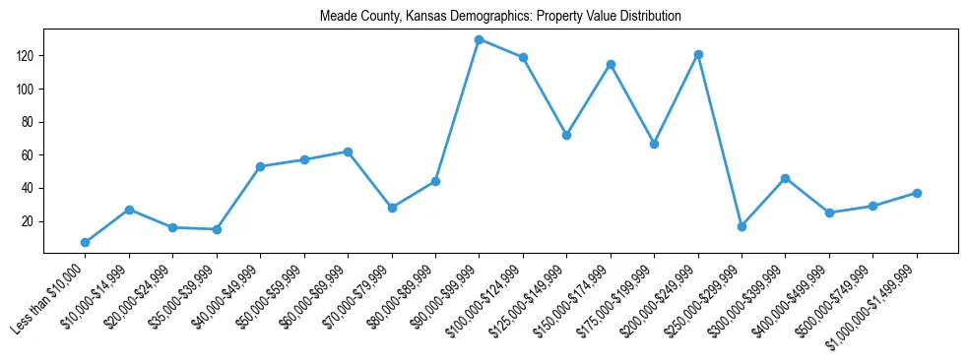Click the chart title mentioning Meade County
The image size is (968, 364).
coord(500,17)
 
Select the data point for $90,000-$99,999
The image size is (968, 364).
coord(479,40)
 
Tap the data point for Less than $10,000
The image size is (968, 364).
coord(85,242)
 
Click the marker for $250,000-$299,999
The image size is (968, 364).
coord(742,226)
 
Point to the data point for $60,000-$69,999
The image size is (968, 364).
coord(348,152)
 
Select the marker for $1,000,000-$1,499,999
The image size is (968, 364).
coord(917,193)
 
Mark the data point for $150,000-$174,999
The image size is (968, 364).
coord(611,65)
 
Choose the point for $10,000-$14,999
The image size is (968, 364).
coord(129,210)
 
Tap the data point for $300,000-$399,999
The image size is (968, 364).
coord(785,178)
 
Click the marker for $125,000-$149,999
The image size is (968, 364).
coord(566,135)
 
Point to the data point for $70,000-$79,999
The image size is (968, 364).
coord(392,208)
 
